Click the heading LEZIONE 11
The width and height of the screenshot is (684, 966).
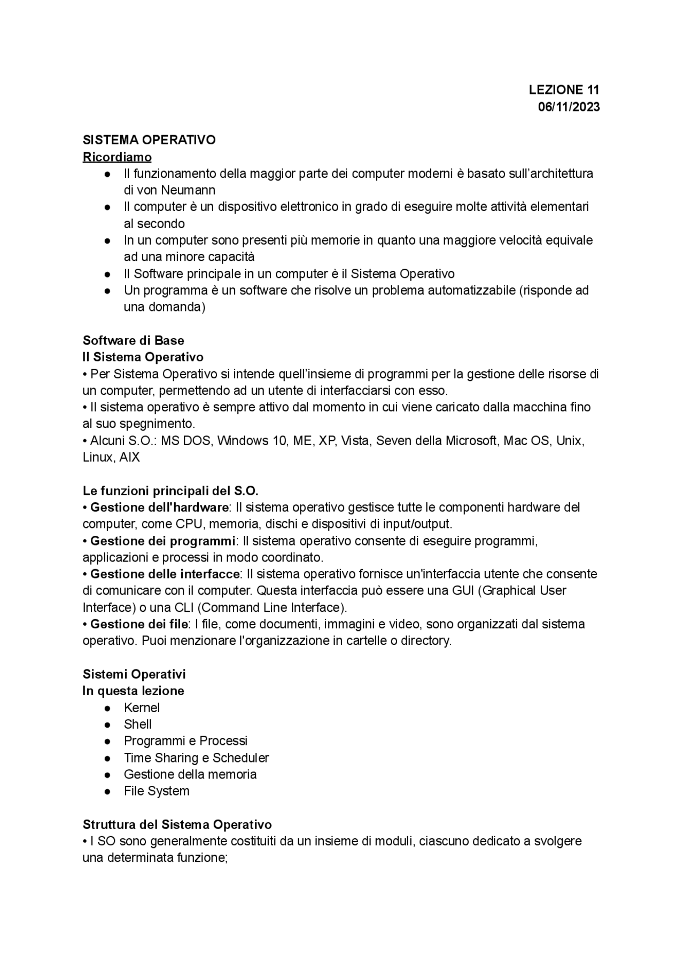564,89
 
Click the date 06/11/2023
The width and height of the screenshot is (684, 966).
569,106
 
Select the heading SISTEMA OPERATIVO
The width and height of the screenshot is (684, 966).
149,140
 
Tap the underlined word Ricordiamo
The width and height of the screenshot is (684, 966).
117,157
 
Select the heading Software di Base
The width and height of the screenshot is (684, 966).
134,340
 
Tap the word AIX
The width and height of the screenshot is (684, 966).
129,458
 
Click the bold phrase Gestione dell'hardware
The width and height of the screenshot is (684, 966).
159,507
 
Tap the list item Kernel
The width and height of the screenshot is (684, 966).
142,708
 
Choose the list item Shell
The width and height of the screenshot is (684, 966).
138,724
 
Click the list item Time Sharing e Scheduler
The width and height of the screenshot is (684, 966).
196,758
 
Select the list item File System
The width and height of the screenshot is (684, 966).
157,791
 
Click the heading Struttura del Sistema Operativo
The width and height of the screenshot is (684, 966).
177,824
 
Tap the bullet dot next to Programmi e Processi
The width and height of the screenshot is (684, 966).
107,742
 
